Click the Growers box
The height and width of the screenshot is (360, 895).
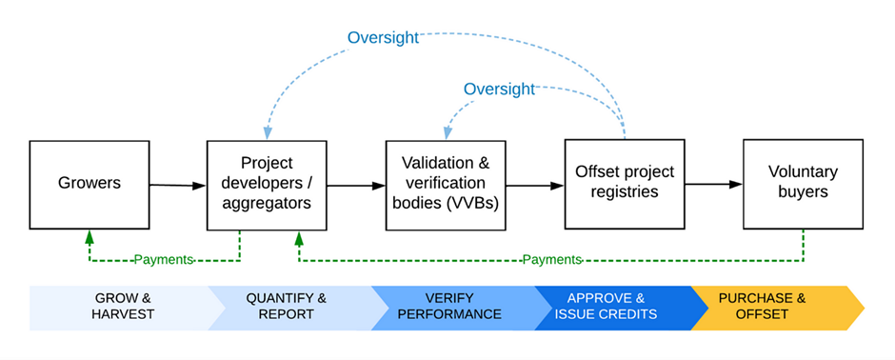89,185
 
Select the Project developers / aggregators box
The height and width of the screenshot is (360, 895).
267,186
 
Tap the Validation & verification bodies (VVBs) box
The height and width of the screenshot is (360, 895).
446,186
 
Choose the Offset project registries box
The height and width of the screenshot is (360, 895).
625,184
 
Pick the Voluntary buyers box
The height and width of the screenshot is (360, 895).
803,184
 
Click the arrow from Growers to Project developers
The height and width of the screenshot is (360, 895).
178,186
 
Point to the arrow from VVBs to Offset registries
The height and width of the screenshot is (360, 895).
535,186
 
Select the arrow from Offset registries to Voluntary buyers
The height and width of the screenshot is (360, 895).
714,184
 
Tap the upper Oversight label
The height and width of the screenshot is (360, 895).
383,38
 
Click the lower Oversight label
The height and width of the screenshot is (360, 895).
499,89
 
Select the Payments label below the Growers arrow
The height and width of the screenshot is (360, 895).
164,260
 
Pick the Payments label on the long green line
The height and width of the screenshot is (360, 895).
552,260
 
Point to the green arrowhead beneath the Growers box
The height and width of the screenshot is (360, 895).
89,236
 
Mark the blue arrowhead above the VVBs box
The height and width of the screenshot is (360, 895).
446,133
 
